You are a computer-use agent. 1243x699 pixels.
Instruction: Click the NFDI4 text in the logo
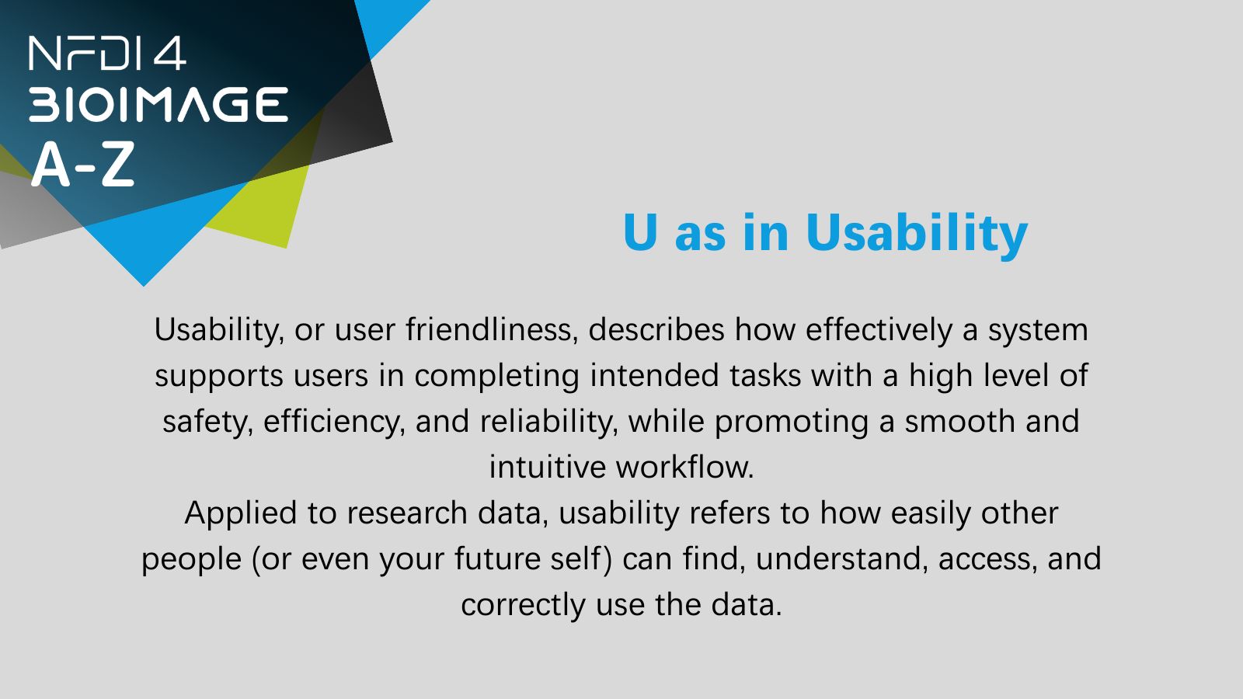tap(107, 54)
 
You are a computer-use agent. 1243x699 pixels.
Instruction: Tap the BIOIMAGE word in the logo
tap(158, 104)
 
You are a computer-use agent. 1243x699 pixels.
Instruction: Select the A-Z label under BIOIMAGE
tap(83, 164)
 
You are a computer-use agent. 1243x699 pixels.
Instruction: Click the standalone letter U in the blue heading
tap(640, 232)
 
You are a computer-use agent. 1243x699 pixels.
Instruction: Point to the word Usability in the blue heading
tap(917, 235)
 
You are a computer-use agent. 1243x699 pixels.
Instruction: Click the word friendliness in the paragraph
tap(489, 329)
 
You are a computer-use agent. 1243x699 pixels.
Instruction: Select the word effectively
tap(879, 331)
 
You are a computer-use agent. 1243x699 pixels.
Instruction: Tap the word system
tap(1038, 332)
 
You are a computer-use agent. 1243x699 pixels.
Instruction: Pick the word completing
tap(496, 377)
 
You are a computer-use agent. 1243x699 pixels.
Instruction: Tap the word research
tap(407, 513)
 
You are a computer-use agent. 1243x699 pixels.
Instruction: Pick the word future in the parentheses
tap(496, 558)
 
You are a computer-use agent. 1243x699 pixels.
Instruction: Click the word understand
tap(837, 559)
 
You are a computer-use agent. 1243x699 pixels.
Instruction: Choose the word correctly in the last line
tap(523, 606)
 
